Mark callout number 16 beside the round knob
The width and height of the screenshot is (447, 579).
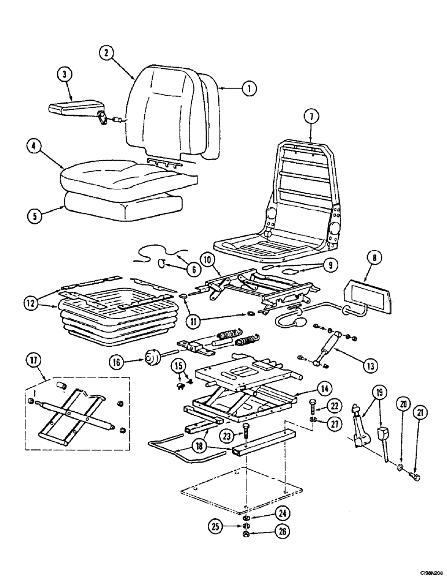pyautogui.click(x=118, y=362)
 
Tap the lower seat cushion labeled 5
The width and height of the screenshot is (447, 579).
pyautogui.click(x=122, y=204)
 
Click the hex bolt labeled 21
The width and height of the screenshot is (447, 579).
pyautogui.click(x=415, y=477)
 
